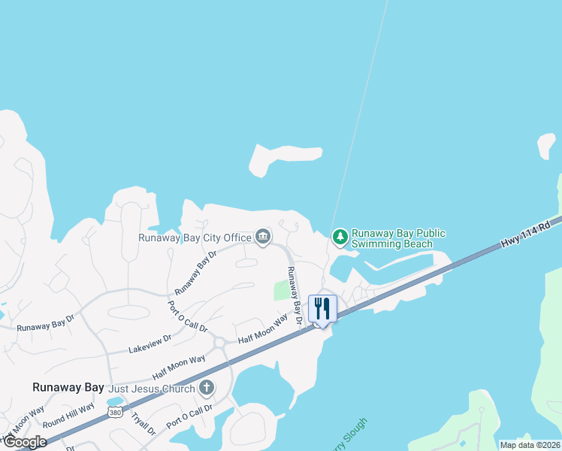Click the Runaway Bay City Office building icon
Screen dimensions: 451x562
tap(263, 238)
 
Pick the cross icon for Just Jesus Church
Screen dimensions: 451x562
tap(207, 389)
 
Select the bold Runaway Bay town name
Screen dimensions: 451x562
tap(68, 387)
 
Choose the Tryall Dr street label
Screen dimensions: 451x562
tap(143, 424)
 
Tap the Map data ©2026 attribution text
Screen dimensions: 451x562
tap(530, 445)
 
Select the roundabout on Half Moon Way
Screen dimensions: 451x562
tap(221, 343)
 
